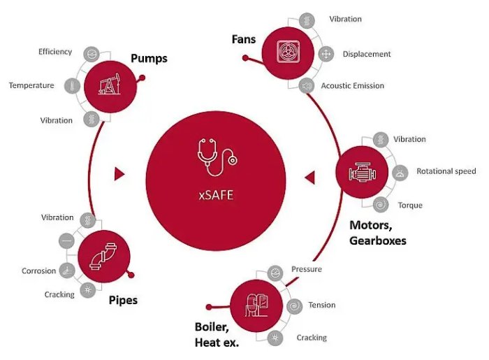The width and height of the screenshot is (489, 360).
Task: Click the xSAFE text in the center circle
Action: tap(216, 195)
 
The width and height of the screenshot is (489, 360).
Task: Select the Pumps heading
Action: tap(149, 58)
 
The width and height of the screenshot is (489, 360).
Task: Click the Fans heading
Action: tap(244, 39)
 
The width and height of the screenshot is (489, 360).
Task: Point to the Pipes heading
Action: tap(123, 300)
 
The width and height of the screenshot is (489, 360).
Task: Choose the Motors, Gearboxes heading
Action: tap(378, 233)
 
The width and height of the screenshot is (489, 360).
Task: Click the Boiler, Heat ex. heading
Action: tap(217, 335)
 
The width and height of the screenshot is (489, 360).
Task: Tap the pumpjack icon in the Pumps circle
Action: tap(109, 84)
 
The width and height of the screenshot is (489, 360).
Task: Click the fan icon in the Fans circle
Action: tap(288, 52)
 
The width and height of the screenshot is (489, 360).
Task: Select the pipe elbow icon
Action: tap(103, 256)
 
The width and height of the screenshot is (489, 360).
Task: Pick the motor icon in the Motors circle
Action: tap(362, 172)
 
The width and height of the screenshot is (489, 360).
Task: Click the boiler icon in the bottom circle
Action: tap(256, 305)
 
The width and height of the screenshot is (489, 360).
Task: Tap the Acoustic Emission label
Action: tap(353, 86)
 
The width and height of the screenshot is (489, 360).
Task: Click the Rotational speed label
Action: tap(446, 171)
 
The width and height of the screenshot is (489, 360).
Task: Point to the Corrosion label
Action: tap(38, 271)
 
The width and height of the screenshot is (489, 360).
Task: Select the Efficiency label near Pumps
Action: tap(55, 52)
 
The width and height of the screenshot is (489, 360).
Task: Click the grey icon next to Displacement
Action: tap(326, 54)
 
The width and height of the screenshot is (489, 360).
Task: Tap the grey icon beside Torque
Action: tap(381, 205)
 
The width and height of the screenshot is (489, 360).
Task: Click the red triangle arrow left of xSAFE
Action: tap(119, 174)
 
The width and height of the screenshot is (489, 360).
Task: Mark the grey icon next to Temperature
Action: tap(72, 85)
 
